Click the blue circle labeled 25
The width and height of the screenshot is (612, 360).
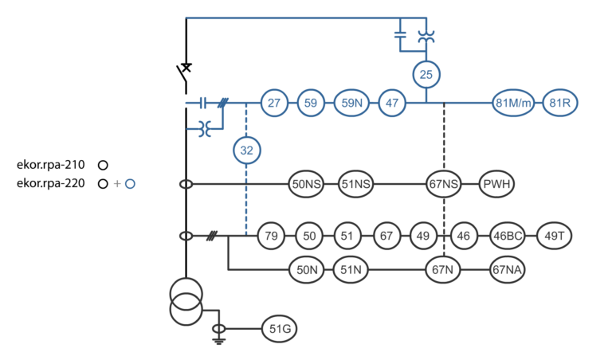[x=426, y=75]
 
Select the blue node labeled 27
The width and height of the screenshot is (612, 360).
[x=273, y=103]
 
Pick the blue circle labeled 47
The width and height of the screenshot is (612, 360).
[x=391, y=103]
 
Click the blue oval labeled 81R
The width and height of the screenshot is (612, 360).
[x=560, y=103]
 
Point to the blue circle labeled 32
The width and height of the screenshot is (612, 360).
[x=247, y=148]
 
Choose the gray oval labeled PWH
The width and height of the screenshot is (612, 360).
[x=497, y=184]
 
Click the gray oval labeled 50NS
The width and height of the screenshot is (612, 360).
[x=307, y=184]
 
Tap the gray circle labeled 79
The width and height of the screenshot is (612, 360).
[x=271, y=236]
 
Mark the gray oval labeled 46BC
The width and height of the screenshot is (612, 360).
[x=511, y=236]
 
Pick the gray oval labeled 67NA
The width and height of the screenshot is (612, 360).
[x=508, y=270]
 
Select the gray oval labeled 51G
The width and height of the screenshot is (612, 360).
[x=280, y=328]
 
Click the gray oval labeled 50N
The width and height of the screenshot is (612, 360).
[x=307, y=270]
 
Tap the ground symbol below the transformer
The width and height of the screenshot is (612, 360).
[x=216, y=339]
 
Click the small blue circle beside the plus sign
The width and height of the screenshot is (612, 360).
[x=130, y=184]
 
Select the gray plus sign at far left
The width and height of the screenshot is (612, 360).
[x=117, y=184]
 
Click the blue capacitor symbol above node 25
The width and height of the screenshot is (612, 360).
[x=401, y=35]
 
